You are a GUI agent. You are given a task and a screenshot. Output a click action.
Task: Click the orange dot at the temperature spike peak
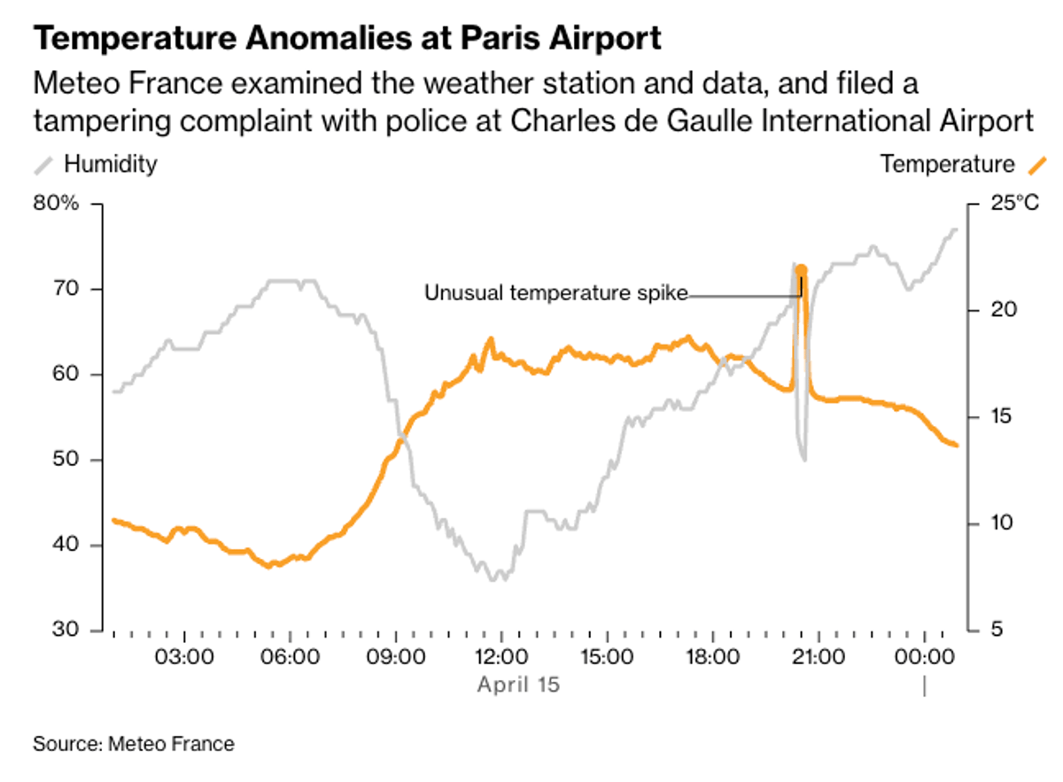click(801, 271)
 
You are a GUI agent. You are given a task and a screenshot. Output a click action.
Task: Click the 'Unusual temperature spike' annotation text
click(555, 293)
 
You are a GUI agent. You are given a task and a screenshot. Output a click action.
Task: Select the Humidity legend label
click(111, 164)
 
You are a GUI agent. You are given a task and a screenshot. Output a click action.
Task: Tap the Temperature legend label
click(947, 164)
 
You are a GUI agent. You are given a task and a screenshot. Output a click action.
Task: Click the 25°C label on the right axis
click(1015, 205)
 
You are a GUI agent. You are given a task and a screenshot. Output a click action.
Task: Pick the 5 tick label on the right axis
click(997, 631)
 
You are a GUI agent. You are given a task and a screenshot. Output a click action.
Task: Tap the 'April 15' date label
click(519, 685)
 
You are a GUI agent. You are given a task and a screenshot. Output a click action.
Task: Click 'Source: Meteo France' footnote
click(134, 744)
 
